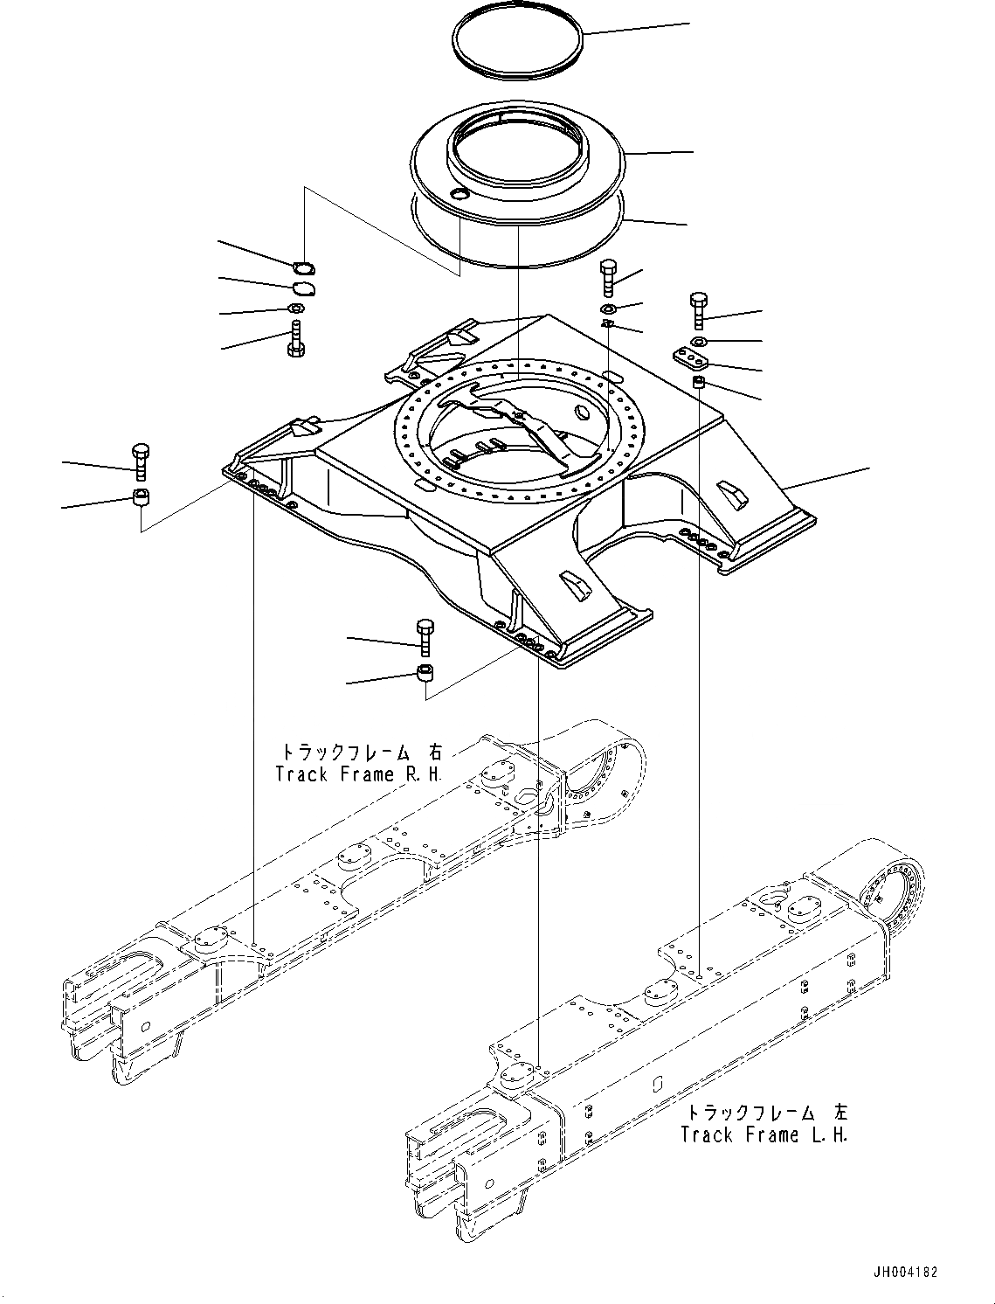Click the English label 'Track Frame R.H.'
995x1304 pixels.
(x=358, y=774)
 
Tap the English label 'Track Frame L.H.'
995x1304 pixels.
(x=764, y=1135)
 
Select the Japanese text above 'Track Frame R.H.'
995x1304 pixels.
(x=360, y=752)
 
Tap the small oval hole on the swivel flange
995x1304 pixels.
(x=458, y=194)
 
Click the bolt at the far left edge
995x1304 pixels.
(x=140, y=461)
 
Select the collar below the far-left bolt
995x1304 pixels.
(x=140, y=499)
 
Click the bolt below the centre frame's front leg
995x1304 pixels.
(x=425, y=636)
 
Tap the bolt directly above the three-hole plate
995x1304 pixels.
(x=699, y=310)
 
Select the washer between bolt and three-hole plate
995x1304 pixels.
(x=699, y=340)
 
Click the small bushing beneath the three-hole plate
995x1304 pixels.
(x=699, y=383)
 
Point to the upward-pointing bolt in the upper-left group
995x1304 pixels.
(x=295, y=339)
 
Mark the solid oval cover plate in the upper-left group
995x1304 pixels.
(x=302, y=288)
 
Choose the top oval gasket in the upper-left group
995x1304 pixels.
(x=302, y=268)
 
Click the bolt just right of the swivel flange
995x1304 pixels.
(x=609, y=277)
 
